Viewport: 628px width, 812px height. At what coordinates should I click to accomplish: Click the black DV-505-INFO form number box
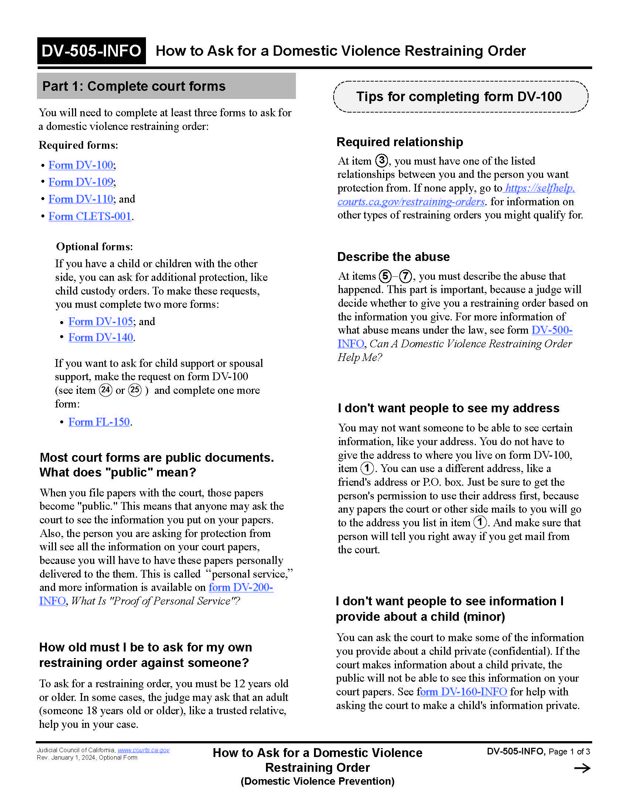pos(91,51)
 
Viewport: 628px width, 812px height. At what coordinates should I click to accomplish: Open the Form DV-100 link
pos(81,165)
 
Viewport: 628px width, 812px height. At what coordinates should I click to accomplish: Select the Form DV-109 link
pos(81,182)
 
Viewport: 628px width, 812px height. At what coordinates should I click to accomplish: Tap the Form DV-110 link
pos(81,199)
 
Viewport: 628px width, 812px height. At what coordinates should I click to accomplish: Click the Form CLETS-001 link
pos(90,216)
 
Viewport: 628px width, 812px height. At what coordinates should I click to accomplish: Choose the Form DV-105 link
pos(100,321)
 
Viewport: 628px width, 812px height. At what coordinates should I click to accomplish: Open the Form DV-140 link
pos(100,338)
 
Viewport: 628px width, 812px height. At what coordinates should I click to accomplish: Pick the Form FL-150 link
pos(99,422)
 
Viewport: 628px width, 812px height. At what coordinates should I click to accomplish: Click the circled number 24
pos(106,390)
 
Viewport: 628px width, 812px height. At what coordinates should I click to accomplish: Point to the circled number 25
pos(135,390)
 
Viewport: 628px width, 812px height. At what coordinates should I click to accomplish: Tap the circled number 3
pos(382,161)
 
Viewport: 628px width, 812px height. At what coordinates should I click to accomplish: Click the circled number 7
pos(406,276)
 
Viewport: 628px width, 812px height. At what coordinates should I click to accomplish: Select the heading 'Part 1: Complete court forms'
pos(134,86)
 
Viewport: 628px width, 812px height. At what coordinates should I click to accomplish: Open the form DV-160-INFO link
pos(462,692)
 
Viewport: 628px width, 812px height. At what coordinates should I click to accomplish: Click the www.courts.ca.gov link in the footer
pos(144,750)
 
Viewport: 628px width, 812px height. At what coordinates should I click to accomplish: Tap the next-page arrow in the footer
pos(582,768)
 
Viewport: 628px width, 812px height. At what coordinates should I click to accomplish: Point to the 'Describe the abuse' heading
pos(393,257)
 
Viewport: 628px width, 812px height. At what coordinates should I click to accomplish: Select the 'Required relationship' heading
pos(400,142)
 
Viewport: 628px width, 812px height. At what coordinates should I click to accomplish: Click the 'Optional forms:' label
pos(95,247)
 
